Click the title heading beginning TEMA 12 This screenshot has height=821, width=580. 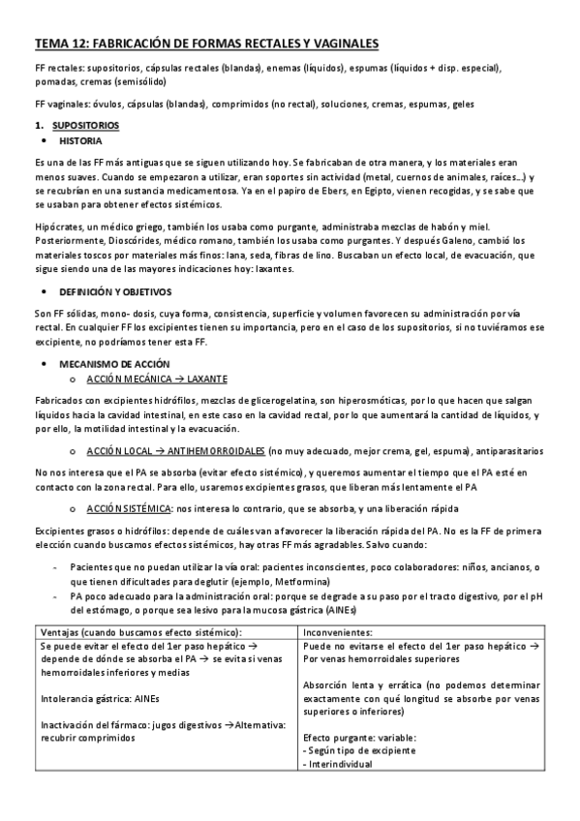pyautogui.click(x=206, y=44)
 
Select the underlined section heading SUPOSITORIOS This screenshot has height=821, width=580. pyautogui.click(x=85, y=126)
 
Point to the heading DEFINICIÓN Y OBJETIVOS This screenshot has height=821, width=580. pyautogui.click(x=115, y=290)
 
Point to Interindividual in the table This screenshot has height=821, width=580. pyautogui.click(x=341, y=763)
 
